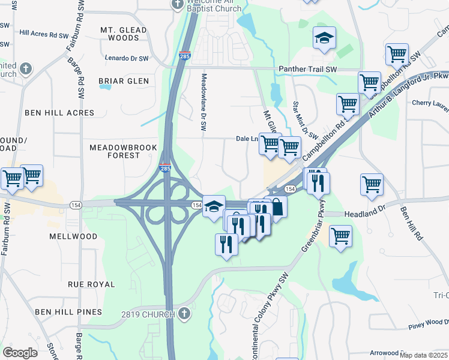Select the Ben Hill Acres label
click(59, 113)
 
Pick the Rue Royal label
click(91, 284)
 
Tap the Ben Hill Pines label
click(65, 312)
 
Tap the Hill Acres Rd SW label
click(44, 34)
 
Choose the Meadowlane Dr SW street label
click(204, 102)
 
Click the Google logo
click(20, 353)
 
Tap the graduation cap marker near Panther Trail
click(324, 39)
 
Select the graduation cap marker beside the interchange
click(214, 208)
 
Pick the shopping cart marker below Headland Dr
click(340, 235)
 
